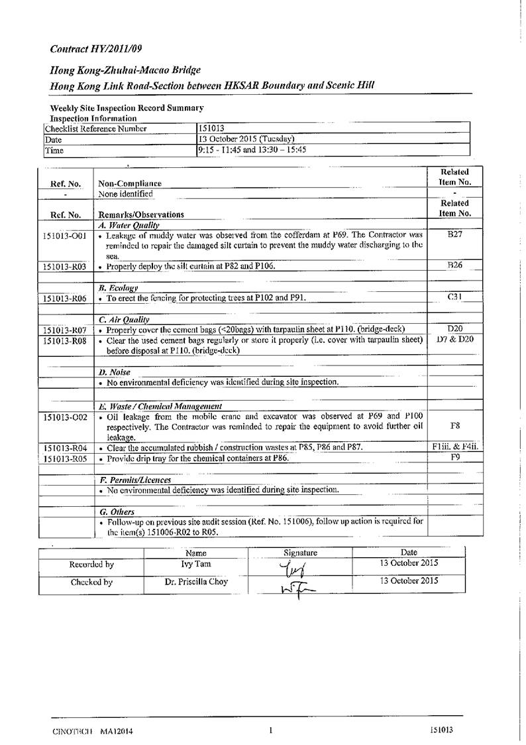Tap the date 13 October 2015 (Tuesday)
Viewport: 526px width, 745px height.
246,139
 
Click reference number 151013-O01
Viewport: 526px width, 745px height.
64,236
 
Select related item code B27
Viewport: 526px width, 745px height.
454,234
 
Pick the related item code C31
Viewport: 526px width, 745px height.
454,297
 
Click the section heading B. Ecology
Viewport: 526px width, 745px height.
118,288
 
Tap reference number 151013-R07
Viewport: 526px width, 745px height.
64,330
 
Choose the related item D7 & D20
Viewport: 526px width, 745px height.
454,340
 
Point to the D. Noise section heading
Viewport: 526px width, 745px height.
114,372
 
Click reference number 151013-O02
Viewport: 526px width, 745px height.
64,417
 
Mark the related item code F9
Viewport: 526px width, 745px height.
454,457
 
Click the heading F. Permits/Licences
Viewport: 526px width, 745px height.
134,480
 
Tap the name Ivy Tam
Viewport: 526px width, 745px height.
196,564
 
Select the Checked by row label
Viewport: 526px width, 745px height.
91,582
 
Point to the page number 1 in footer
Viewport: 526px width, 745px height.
271,730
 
